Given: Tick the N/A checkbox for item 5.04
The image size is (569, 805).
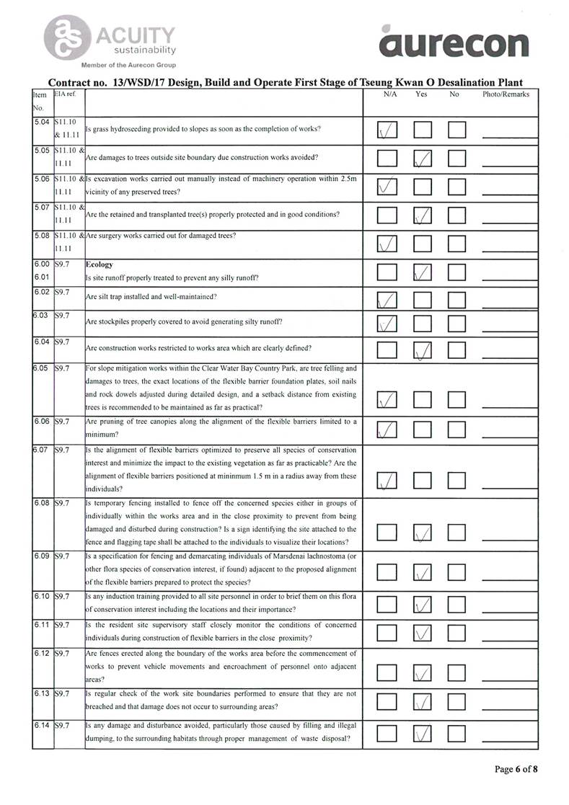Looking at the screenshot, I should [388, 130].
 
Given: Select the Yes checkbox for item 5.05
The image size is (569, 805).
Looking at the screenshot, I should [423, 159].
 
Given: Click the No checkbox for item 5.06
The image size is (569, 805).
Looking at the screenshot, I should [458, 187].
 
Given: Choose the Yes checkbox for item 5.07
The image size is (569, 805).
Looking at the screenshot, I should [423, 215].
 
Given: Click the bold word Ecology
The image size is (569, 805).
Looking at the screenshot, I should [99, 264].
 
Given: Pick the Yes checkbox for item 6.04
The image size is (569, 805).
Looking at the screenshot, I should [423, 351].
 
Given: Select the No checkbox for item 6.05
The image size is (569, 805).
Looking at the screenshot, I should [458, 400].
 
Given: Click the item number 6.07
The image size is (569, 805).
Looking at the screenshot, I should [41, 450].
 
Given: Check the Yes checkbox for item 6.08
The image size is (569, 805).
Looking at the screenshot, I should [423, 533].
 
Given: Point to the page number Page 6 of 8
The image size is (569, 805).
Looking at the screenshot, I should [516, 769].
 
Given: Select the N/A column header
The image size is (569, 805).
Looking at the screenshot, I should [389, 94].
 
